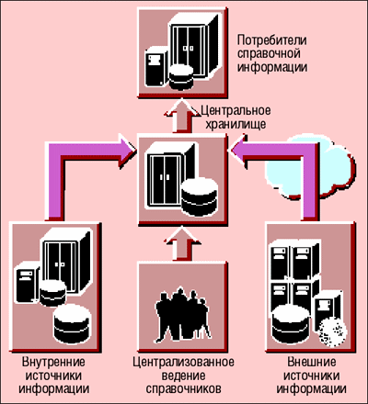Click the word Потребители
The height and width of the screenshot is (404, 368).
[x=272, y=40]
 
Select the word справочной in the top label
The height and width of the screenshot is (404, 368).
[x=269, y=53]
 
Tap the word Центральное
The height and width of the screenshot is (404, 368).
[x=236, y=110]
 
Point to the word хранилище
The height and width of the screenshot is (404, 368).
[x=236, y=124]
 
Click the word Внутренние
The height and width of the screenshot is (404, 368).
[x=53, y=362]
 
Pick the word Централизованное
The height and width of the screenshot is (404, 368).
[x=183, y=362]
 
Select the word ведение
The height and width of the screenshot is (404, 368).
[x=183, y=376]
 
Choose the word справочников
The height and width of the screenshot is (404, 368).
[x=183, y=388]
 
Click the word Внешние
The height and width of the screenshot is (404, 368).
[x=311, y=362]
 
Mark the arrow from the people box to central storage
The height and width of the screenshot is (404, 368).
[x=182, y=243]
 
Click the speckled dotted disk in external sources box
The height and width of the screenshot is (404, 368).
[x=333, y=332]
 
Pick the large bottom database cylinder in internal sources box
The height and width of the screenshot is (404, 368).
[x=73, y=324]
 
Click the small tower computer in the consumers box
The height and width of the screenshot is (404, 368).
[x=156, y=67]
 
